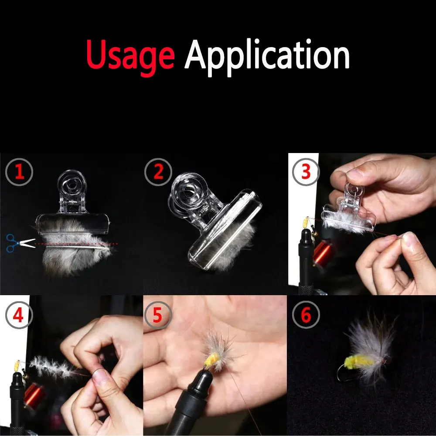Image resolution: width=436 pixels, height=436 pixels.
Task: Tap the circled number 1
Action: tap(19, 172)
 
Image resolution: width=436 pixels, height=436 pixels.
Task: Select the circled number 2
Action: tap(158, 172)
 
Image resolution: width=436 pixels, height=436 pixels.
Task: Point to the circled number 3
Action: tap(306, 172)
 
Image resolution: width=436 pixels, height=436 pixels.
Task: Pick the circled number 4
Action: tap(19, 315)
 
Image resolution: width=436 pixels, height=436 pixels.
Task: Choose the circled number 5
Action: tap(158, 315)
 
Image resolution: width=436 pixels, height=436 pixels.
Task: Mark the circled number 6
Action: tap(306, 315)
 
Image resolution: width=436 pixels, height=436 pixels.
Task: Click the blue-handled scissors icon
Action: tap(20, 243)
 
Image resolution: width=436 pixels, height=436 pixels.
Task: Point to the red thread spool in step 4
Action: tap(34, 395)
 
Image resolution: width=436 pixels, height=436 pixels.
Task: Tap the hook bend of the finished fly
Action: tap(341, 373)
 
